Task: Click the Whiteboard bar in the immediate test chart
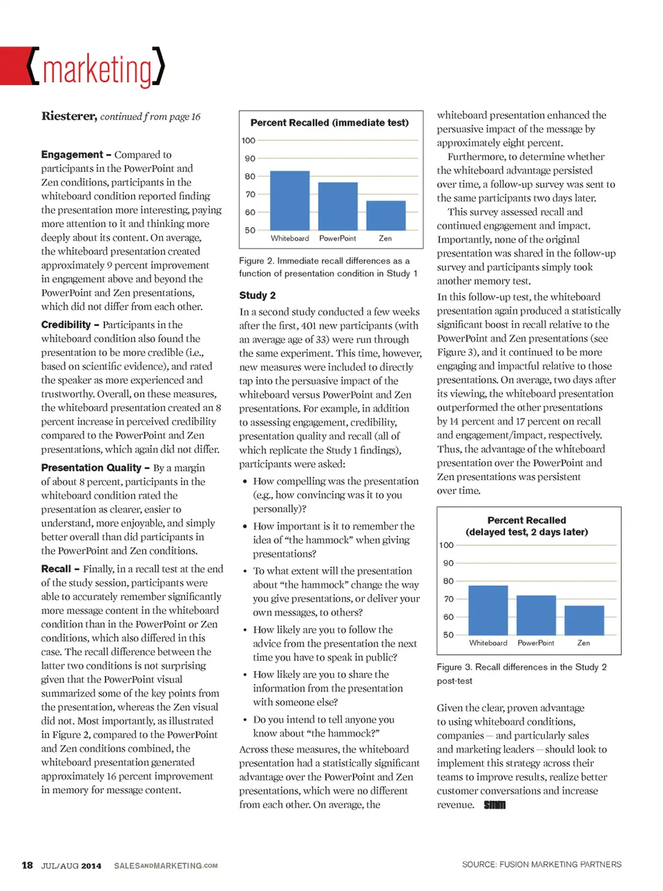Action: click(289, 200)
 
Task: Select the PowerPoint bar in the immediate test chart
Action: click(338, 206)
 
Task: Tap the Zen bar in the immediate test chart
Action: click(385, 215)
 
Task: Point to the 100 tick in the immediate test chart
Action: click(249, 141)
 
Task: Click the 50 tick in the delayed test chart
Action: click(448, 635)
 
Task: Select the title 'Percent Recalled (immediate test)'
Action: click(329, 123)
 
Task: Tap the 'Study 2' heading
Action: click(257, 296)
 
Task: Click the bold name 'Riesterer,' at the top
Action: click(68, 116)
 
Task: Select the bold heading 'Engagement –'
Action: click(75, 155)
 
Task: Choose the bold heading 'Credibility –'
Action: click(70, 325)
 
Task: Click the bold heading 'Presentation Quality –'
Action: click(95, 468)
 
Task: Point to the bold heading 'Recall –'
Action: click(59, 569)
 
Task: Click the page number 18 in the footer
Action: click(28, 865)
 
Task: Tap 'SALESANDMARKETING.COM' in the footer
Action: click(166, 866)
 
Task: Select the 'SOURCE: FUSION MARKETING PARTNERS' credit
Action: click(541, 865)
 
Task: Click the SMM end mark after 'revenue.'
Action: click(494, 805)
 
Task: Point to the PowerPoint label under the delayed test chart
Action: click(536, 643)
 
